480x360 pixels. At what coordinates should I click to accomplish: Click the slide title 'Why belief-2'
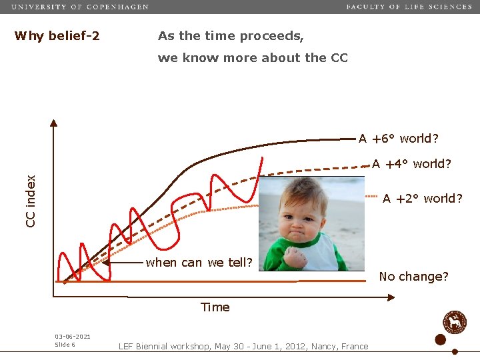[57, 36]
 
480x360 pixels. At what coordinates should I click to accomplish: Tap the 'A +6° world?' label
[398, 139]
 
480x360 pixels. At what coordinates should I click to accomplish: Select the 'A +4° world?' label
[411, 163]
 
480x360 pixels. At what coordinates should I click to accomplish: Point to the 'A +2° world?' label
[422, 198]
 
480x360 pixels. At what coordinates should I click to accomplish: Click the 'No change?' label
[413, 276]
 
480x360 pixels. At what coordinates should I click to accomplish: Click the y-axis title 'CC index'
[31, 201]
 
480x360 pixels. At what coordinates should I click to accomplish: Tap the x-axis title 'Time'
[215, 307]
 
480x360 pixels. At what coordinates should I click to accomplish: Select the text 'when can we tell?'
[199, 262]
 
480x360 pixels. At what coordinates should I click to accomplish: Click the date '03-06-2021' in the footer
[73, 337]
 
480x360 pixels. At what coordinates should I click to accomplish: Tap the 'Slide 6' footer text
[65, 345]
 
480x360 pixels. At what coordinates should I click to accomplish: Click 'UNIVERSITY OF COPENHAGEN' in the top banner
[80, 7]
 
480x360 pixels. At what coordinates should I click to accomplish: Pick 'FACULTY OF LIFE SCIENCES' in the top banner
[409, 7]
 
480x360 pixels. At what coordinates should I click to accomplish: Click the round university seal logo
[455, 322]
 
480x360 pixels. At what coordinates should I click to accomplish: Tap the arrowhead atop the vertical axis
[55, 123]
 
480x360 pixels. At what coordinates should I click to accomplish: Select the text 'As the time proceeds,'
[231, 36]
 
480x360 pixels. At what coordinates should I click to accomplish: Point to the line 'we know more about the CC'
[253, 58]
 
